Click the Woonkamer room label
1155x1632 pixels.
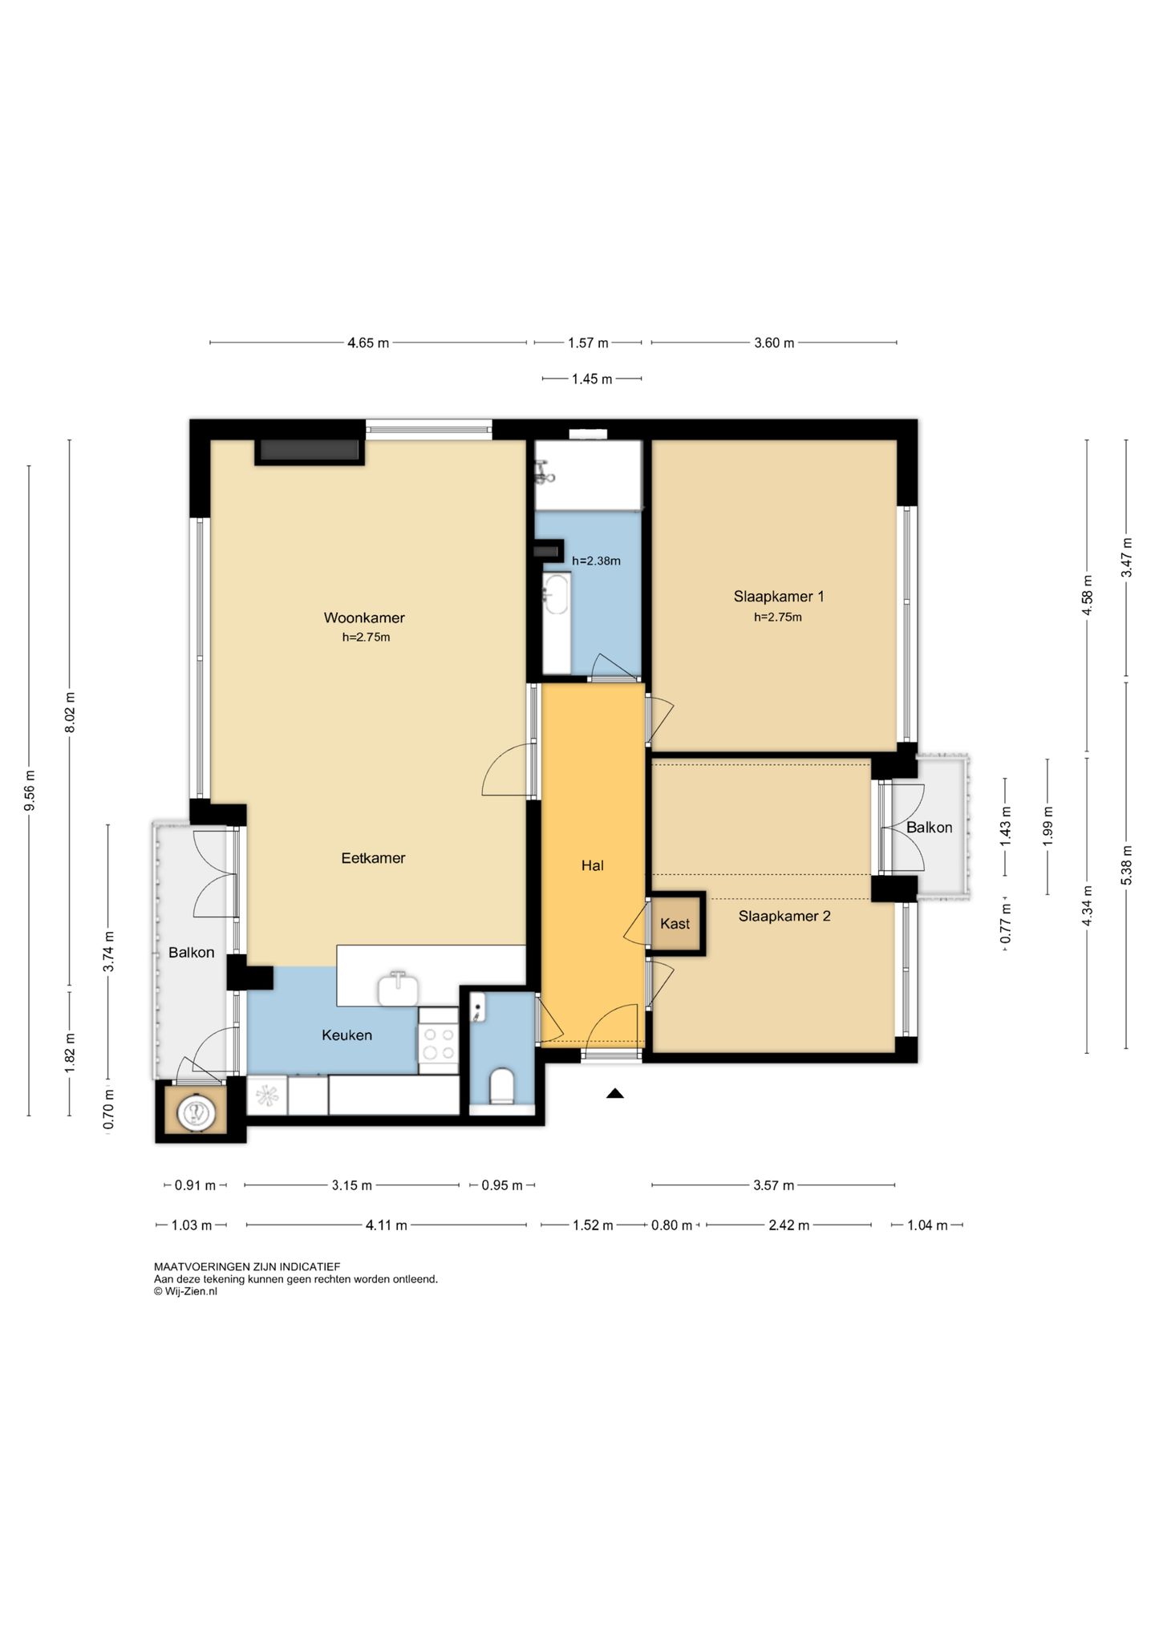[x=364, y=618]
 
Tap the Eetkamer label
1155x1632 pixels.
[x=373, y=857]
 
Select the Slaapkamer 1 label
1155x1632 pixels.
[x=778, y=596]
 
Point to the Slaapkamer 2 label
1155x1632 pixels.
[x=784, y=916]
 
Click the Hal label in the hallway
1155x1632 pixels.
[x=592, y=865]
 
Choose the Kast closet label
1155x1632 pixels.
[x=675, y=924]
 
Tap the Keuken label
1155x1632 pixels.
[x=346, y=1035]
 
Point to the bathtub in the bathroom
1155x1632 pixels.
[x=557, y=622]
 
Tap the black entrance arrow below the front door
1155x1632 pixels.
[x=615, y=1092]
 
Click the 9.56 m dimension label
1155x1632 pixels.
[x=30, y=791]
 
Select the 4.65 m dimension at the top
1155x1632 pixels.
[x=368, y=343]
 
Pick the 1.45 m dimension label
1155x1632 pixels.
[x=592, y=379]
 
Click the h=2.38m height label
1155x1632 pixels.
[x=596, y=561]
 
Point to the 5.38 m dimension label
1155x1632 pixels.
[x=1127, y=865]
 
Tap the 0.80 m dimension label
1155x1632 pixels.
[x=671, y=1225]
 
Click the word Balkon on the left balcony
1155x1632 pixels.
[x=191, y=952]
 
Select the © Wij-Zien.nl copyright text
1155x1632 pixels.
[x=185, y=1291]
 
